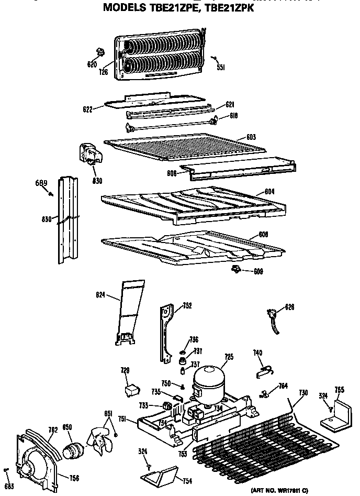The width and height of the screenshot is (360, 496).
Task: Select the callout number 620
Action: [92, 64]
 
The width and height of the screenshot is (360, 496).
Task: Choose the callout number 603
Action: [251, 137]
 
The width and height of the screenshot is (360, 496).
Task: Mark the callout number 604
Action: [268, 192]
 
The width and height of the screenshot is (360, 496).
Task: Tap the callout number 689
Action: [41, 183]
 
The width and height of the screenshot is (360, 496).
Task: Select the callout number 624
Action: [100, 295]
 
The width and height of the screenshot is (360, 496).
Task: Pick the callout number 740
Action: [257, 353]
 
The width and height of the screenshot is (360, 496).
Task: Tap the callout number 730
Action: [303, 393]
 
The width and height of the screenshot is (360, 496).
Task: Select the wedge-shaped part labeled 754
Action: [159, 476]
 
